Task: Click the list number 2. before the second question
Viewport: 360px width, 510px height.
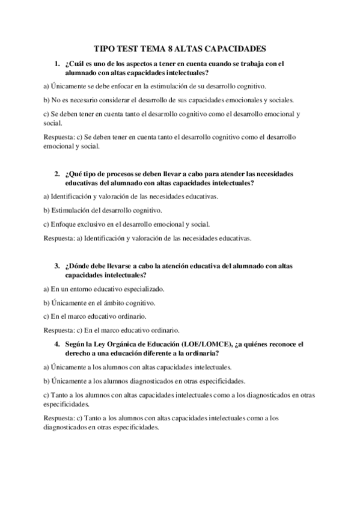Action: (x=56, y=174)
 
